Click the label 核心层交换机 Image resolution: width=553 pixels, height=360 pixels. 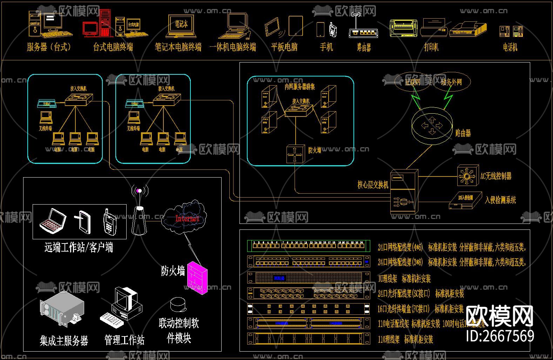373,185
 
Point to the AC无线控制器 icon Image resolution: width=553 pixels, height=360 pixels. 468,175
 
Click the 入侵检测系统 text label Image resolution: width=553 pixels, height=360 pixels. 500,200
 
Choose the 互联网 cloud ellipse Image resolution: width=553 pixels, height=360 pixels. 412,82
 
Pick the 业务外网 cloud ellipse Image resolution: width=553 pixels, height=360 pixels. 451,82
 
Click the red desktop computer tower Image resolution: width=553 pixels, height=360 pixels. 105,23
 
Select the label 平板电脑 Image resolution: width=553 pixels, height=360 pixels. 284,47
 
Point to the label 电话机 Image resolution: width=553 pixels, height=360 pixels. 510,47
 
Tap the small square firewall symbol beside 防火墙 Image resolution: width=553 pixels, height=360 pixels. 295,154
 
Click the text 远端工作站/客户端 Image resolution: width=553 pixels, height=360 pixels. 79,247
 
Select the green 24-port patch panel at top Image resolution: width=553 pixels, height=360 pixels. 309,246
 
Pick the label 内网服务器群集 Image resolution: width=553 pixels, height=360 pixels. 299,87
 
